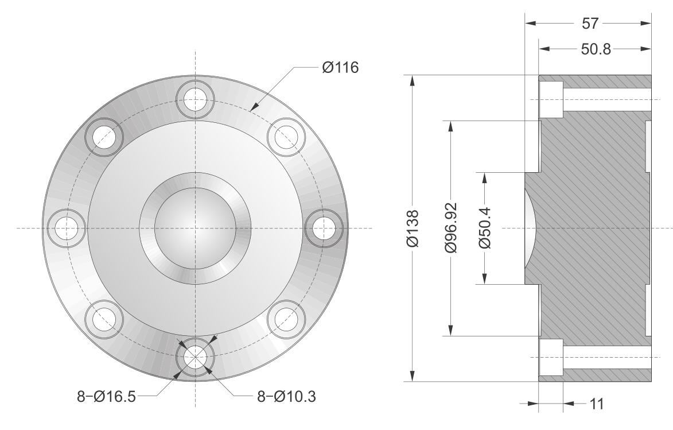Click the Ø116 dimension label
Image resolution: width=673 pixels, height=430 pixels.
click(340, 67)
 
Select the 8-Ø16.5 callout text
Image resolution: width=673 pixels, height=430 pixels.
click(107, 396)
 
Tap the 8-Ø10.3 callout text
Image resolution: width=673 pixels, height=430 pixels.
click(286, 396)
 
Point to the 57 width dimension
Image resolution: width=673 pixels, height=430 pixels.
click(590, 23)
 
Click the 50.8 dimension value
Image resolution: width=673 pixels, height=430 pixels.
click(596, 49)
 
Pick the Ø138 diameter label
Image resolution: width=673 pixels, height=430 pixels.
click(413, 228)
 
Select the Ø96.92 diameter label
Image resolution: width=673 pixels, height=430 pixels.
click(450, 228)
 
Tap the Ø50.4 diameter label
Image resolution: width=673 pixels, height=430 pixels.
click(485, 228)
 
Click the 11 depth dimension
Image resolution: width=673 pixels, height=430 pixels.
click(597, 404)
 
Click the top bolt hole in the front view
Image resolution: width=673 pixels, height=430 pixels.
click(195, 99)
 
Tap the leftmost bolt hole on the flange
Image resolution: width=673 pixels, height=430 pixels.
click(67, 228)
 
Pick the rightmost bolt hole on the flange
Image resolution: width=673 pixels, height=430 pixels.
click(324, 228)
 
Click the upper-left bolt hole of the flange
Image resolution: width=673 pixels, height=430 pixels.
click(104, 137)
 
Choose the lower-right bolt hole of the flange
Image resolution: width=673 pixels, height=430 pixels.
click(286, 319)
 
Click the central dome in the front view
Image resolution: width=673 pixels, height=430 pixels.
click(195, 228)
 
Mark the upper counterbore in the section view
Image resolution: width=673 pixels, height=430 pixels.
click(551, 100)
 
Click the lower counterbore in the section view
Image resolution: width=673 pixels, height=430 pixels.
click(551, 357)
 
